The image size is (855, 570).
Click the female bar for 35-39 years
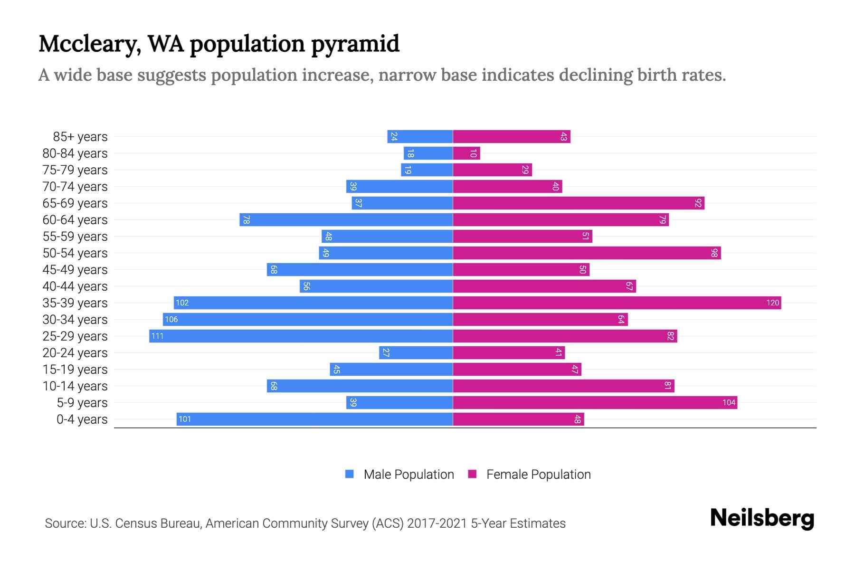617,303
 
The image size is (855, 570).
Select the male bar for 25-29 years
301,336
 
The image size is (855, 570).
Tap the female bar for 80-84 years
466,153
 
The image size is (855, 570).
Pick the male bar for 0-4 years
314,419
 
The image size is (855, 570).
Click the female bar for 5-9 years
595,403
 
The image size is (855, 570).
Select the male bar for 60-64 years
346,220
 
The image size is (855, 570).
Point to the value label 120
772,303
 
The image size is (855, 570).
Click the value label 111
157,336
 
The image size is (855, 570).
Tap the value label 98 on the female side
714,253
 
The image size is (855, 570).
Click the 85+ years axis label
80,137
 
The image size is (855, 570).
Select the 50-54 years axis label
75,253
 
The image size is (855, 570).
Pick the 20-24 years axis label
75,353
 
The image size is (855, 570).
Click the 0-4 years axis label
82,419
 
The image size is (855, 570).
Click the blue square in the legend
350,474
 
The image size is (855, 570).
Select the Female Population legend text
538,475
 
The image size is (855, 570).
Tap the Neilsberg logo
762,518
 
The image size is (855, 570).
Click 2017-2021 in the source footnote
437,523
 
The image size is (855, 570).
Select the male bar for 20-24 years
416,353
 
